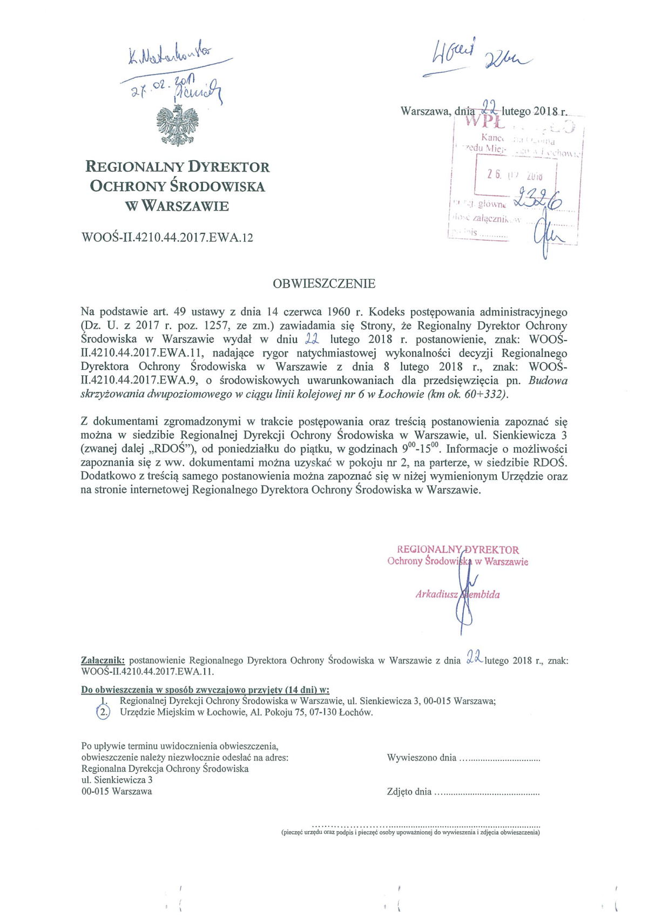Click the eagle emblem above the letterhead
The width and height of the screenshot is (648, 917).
(x=177, y=126)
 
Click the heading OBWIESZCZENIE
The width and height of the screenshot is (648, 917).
(x=324, y=284)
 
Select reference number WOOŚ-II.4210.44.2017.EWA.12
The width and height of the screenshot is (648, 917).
(x=167, y=237)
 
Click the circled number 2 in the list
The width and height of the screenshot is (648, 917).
(x=103, y=712)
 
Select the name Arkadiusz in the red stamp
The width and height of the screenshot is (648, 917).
(x=436, y=595)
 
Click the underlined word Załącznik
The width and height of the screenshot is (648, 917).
(x=103, y=660)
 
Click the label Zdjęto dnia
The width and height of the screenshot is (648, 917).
(x=409, y=792)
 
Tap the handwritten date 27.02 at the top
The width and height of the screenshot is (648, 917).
(x=147, y=88)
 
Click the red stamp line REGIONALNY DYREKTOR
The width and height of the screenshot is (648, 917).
(x=458, y=550)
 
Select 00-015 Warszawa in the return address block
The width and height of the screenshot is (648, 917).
(x=117, y=791)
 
